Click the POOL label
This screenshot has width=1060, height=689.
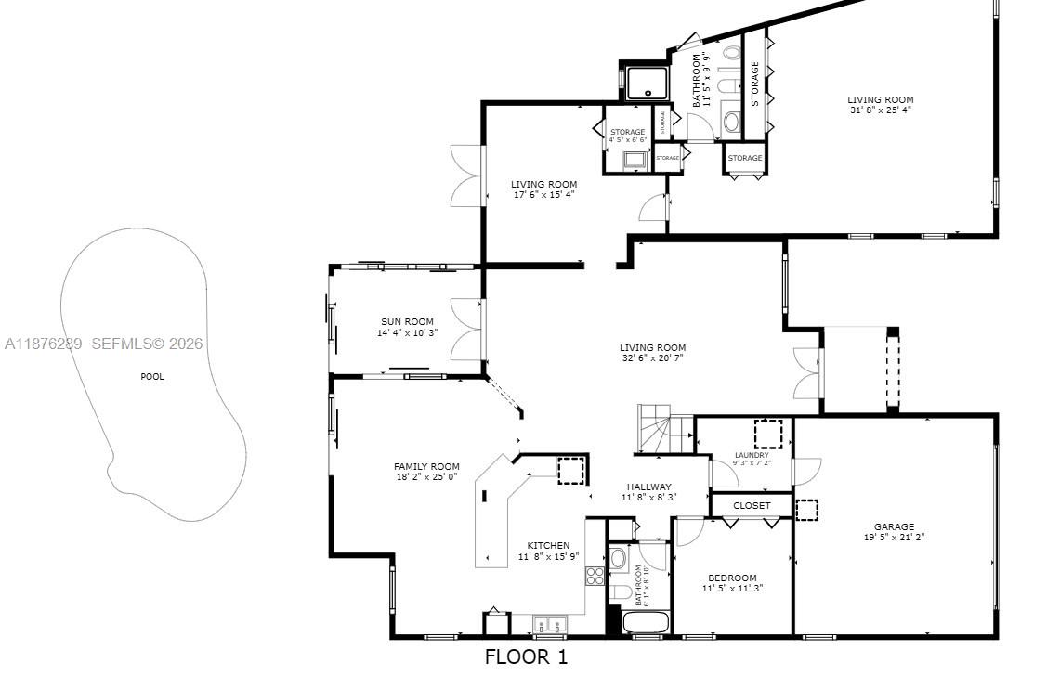[151, 377]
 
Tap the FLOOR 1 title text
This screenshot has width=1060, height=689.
[526, 657]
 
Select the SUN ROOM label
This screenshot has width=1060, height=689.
[407, 322]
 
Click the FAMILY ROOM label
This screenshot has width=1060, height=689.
[426, 467]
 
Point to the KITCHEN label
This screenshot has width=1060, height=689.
[549, 546]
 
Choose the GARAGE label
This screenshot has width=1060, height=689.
[894, 527]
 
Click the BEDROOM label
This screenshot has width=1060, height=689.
[732, 578]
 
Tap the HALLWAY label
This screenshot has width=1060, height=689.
[648, 487]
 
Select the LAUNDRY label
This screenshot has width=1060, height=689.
[752, 455]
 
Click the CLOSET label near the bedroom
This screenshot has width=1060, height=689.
[752, 506]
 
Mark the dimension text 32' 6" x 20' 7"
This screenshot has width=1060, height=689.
[653, 358]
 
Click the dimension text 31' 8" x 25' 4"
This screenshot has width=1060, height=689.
[880, 110]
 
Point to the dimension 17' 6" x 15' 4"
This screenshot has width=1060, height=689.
[543, 195]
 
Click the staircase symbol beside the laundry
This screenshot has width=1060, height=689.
[663, 434]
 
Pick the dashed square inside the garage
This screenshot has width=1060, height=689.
[807, 511]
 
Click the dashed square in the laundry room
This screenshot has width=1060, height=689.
[768, 434]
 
